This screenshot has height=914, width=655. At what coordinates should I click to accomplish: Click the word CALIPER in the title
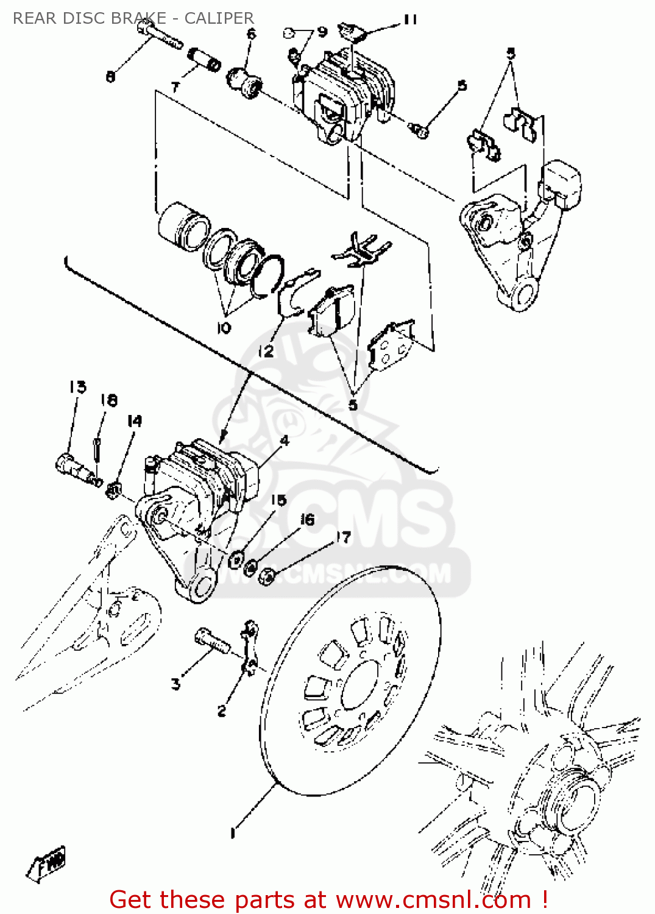219,18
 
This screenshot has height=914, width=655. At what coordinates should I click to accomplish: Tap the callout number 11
410,20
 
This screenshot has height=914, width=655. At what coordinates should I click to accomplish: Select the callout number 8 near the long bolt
110,77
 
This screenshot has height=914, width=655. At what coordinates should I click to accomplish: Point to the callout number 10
224,328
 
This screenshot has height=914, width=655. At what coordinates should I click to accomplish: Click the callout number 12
266,352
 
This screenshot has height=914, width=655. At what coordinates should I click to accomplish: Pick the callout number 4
284,441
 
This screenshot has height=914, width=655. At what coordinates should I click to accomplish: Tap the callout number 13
77,387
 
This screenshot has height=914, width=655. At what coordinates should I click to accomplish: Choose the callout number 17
344,537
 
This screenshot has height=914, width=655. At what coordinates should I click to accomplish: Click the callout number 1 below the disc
232,832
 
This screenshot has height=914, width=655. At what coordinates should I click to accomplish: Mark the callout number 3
175,684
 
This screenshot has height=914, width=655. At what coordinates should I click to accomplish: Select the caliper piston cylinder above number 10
183,225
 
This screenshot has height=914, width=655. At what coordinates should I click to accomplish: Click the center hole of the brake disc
359,685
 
